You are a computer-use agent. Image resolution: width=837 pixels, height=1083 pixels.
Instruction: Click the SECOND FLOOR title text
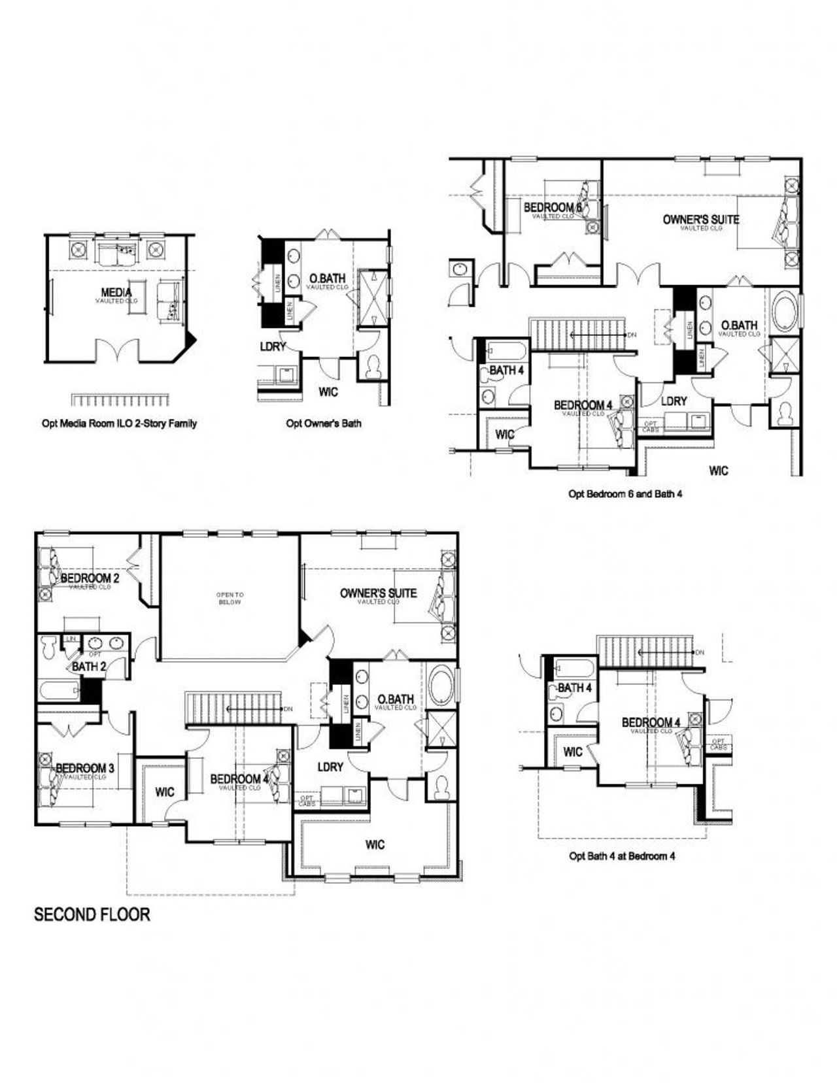(x=92, y=914)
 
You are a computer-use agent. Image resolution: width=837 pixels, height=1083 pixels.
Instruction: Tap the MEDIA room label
(x=116, y=292)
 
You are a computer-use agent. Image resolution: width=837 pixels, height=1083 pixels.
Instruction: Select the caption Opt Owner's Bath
(x=323, y=424)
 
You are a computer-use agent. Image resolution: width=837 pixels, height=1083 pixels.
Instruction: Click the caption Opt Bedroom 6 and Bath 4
(x=625, y=494)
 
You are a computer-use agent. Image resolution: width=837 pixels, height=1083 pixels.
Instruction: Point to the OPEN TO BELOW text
(x=230, y=598)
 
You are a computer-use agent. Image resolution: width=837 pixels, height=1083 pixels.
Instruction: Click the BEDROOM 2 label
(x=90, y=578)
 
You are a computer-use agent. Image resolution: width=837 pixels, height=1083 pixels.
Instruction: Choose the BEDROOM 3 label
(x=85, y=768)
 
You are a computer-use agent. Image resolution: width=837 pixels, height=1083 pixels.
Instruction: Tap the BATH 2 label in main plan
(x=89, y=667)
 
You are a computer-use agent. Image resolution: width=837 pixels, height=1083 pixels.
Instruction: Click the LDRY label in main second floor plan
(x=330, y=767)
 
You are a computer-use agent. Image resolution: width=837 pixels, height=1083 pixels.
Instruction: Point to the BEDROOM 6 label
(x=553, y=208)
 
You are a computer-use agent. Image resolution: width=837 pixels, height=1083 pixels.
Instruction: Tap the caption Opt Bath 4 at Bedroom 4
(x=622, y=856)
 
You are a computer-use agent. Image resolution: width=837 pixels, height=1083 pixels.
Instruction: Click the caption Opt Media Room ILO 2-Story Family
(x=119, y=424)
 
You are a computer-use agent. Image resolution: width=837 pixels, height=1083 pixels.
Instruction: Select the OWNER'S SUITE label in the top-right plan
(x=701, y=220)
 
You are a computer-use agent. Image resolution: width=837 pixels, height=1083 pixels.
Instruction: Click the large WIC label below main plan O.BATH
(x=375, y=845)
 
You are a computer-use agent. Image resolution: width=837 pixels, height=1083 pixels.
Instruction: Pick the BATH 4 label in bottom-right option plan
(x=575, y=688)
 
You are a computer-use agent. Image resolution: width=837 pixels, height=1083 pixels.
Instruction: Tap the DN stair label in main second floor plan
(x=288, y=708)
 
